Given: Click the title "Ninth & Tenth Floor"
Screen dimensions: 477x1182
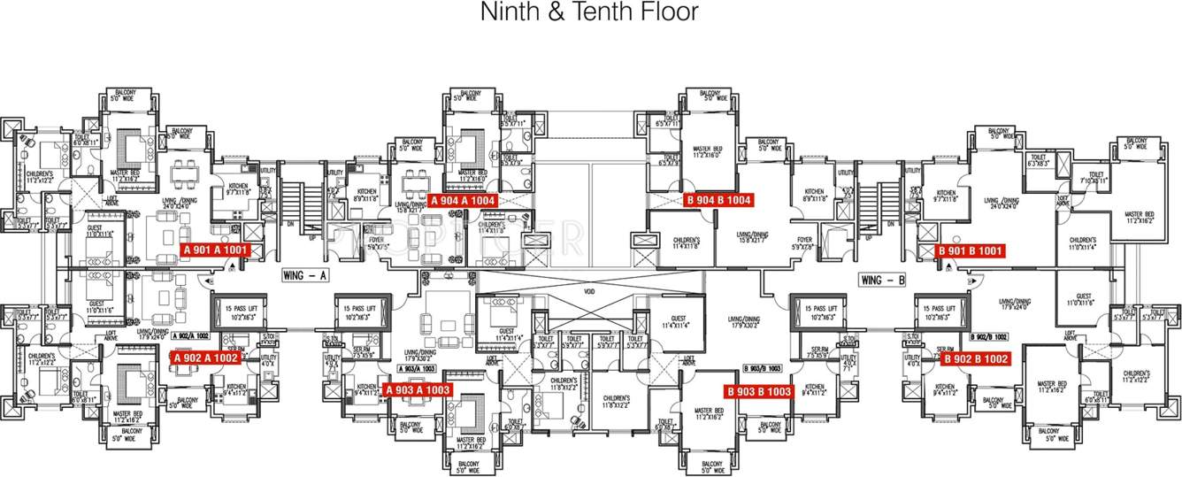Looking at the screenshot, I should tap(589, 12).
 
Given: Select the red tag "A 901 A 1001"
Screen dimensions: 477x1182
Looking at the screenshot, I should tap(216, 250).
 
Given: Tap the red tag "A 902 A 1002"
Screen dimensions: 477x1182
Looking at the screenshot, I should tap(205, 358).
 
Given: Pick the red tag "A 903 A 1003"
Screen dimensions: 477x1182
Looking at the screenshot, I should tap(418, 389).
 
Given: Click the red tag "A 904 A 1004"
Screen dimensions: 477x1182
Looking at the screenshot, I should tap(463, 201).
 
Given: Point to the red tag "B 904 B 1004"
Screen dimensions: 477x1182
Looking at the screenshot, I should tap(718, 201).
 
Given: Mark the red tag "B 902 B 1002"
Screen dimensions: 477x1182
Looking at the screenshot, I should tap(975, 359).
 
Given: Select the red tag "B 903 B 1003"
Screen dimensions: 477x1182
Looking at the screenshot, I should tap(758, 392).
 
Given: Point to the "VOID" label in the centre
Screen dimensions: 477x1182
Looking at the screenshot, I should tap(589, 290).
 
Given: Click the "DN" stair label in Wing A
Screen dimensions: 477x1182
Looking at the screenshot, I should tap(291, 224).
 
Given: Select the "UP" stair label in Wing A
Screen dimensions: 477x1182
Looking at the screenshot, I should tap(311, 237).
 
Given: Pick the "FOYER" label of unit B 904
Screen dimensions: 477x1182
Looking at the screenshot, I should tap(804, 239).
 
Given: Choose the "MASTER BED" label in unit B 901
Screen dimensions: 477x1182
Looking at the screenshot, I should tap(1139, 214).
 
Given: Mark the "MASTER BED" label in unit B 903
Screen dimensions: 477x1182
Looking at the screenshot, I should tap(710, 411).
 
